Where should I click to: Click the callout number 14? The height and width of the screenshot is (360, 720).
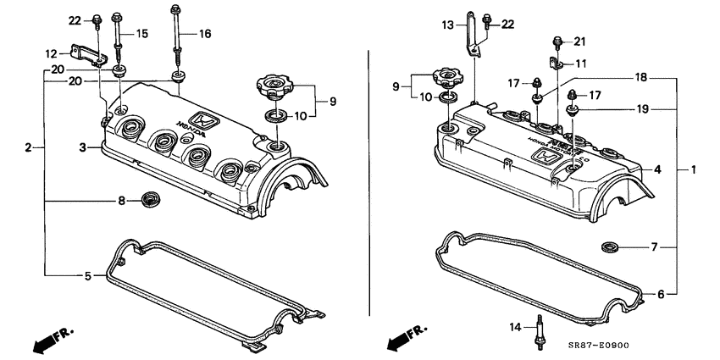coord(515,326)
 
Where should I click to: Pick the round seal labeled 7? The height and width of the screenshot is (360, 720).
coord(608,247)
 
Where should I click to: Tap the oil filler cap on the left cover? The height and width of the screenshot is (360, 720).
coord(272,86)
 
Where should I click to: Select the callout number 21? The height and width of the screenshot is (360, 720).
coord(579,42)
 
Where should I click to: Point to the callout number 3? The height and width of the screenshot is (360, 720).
coord(82,148)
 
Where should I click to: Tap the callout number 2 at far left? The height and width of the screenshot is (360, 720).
coord(28,148)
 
